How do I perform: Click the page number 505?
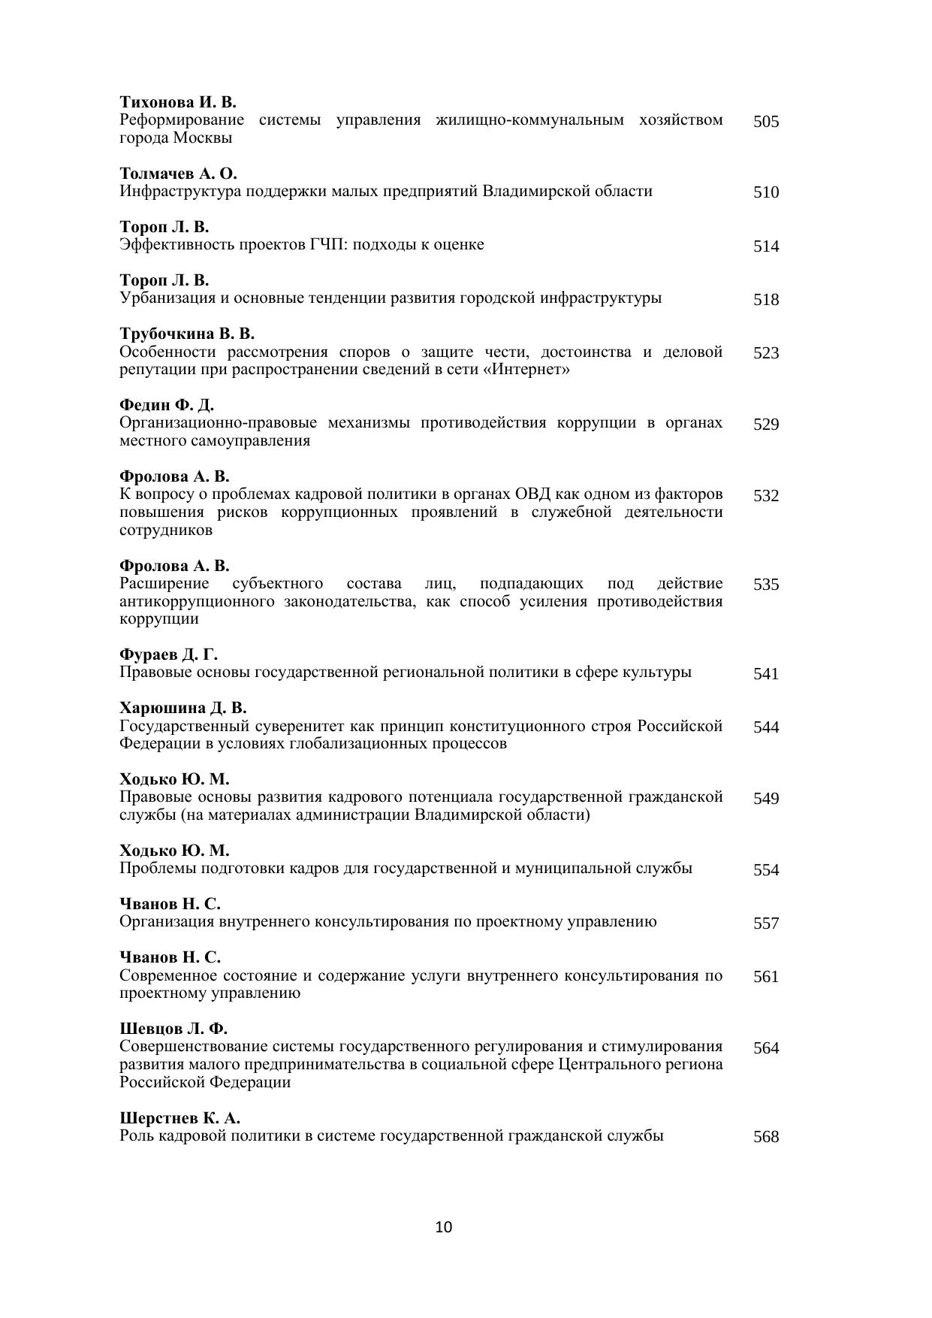pos(766,122)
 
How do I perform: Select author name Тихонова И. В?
pos(178,102)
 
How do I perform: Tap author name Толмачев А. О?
pos(178,174)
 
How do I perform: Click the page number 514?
pos(766,246)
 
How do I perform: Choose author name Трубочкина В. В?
pos(187,334)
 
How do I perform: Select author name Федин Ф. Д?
pos(167,405)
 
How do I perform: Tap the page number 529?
pos(766,425)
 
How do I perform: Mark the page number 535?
pos(766,585)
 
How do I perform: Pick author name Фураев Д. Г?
pos(168,654)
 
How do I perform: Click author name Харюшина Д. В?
pos(183,708)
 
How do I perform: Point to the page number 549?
pos(766,799)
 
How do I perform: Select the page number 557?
pos(766,924)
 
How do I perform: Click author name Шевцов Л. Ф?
pos(173,1029)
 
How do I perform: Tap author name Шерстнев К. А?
pos(179,1118)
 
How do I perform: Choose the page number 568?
pos(766,1137)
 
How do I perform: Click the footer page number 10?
pos(444,1228)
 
